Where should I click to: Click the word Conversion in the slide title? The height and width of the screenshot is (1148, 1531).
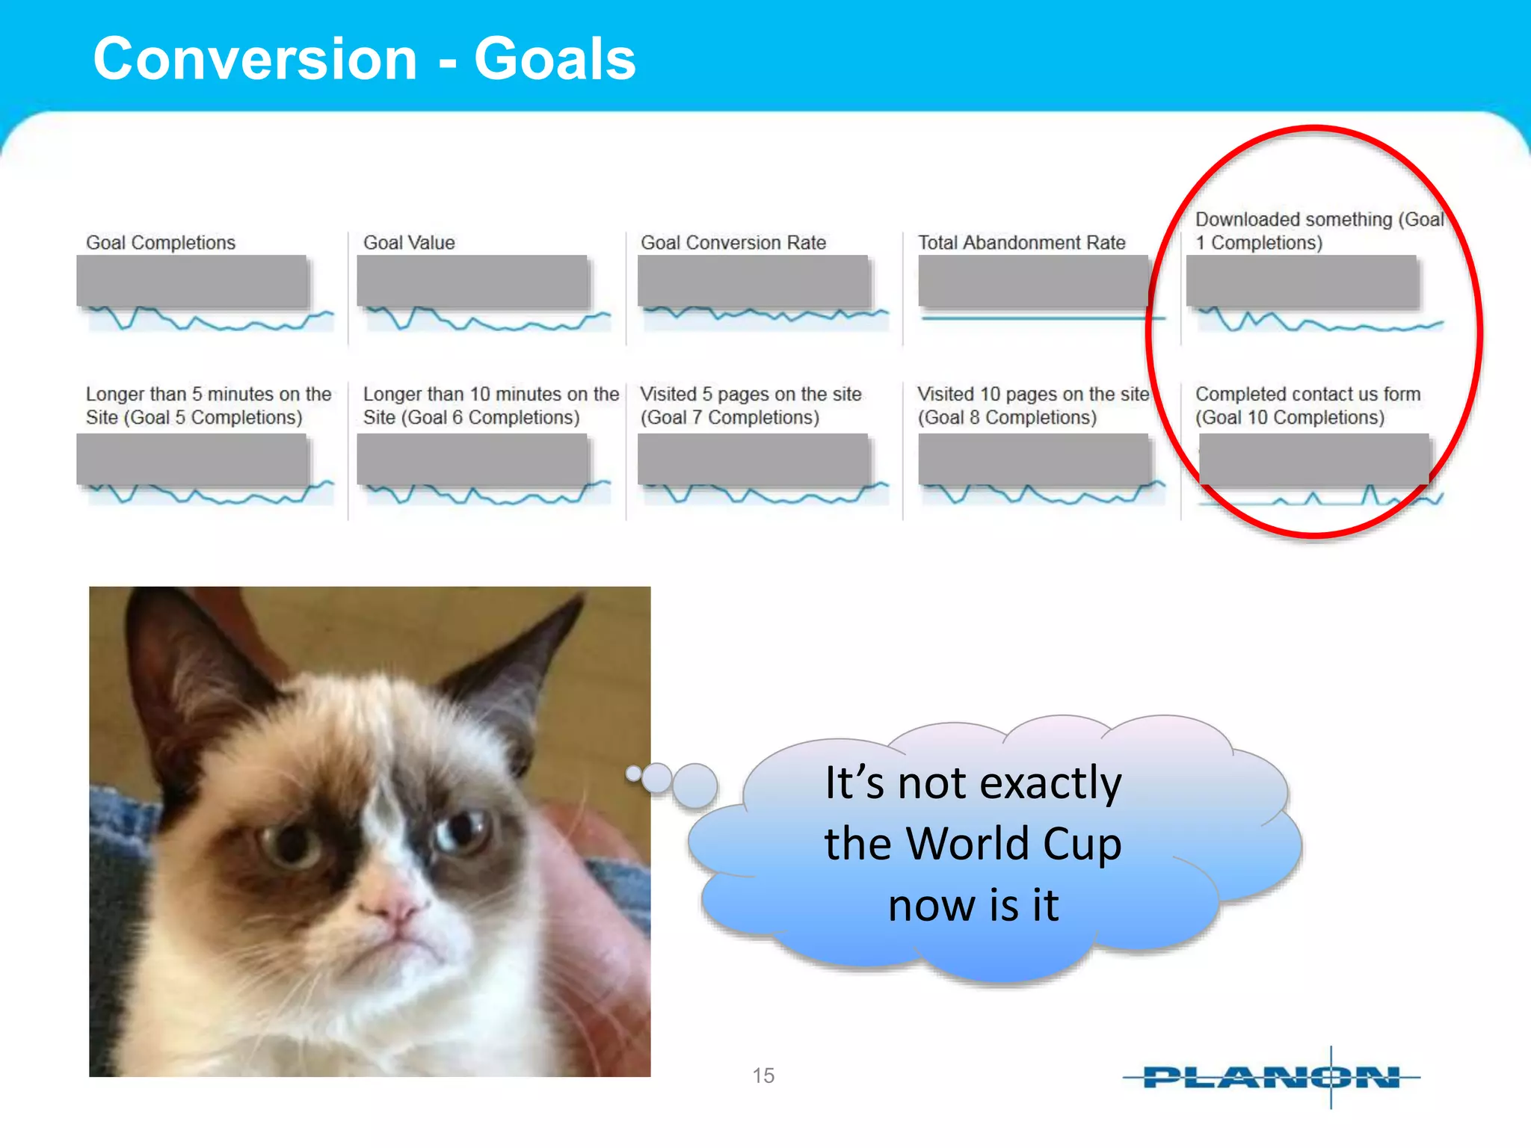point(255,60)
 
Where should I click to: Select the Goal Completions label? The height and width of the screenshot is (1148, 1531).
point(161,243)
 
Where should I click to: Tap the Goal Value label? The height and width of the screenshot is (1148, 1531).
point(409,243)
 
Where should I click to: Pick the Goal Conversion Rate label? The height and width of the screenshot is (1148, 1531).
point(733,243)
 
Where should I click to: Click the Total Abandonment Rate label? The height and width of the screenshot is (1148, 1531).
point(1021,243)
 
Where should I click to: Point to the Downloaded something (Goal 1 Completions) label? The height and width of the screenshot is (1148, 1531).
point(1318,231)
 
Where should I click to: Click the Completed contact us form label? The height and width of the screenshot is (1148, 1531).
point(1307,405)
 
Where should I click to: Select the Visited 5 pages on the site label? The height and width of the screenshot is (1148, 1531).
point(751,405)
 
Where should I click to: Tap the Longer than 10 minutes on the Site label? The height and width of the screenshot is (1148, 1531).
point(490,405)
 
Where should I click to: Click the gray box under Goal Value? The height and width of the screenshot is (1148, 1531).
point(472,281)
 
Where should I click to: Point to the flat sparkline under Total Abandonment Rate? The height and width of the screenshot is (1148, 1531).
point(1043,318)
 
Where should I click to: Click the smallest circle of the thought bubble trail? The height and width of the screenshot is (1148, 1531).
point(634,774)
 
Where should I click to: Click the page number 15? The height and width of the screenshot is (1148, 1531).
point(763,1076)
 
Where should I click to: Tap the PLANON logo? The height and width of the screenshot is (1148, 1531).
point(1271,1077)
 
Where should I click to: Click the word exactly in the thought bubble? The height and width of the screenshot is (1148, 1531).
point(1050,784)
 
